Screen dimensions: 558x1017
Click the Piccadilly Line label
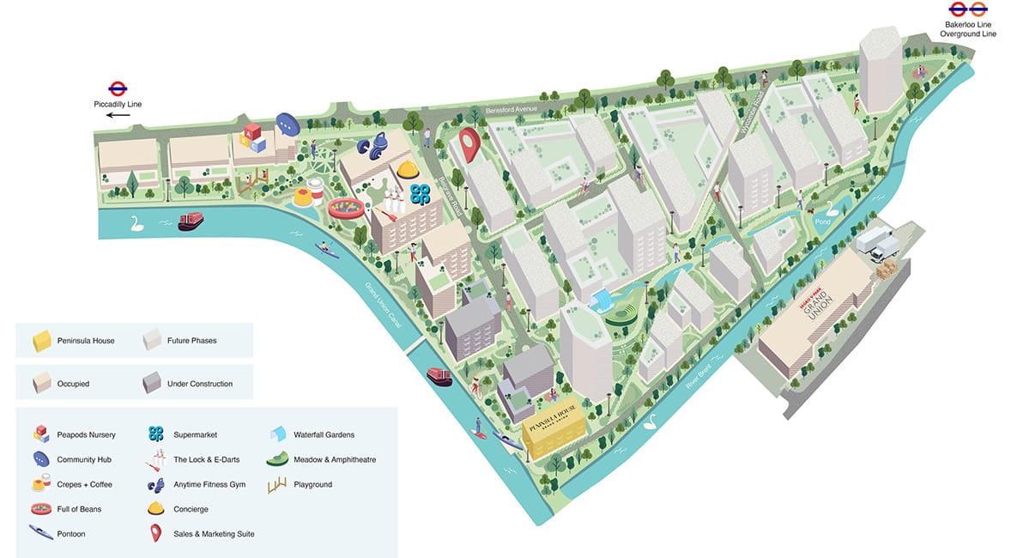[x=118, y=104]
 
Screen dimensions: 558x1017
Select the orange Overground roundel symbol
[x=978, y=10]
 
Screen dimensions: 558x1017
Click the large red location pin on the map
[x=468, y=143]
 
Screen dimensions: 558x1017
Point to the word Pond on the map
[x=823, y=221]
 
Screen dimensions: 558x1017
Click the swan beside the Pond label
[x=831, y=207]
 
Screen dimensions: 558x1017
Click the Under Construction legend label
[x=199, y=384]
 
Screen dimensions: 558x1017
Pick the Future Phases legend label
[x=191, y=341]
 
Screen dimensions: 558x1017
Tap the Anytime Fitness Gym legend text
[x=209, y=484]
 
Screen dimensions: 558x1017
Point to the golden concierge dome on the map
[x=406, y=171]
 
